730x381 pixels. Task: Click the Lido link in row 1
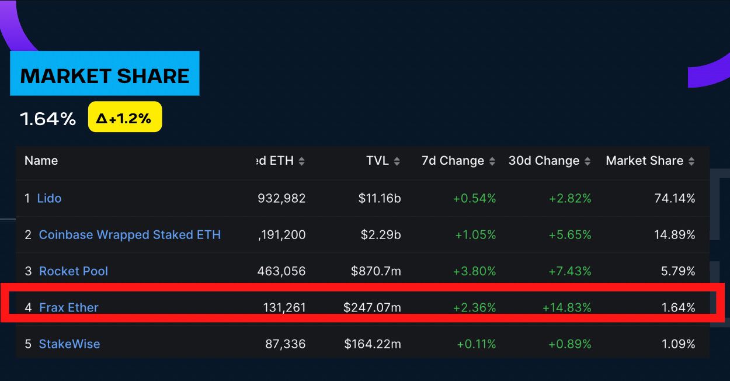[x=49, y=198]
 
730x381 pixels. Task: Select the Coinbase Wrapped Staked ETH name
[x=130, y=235]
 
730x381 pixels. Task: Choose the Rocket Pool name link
[x=74, y=271]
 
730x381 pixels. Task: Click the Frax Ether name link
[x=69, y=307]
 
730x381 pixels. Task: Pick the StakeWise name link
[x=69, y=344]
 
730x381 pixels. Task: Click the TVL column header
[x=377, y=161]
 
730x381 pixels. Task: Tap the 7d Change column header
[x=453, y=161]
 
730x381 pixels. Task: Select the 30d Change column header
[x=544, y=161]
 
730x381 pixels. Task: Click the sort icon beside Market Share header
[x=691, y=161]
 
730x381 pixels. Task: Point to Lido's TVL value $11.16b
[x=380, y=198]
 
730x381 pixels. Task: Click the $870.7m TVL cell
[x=376, y=271]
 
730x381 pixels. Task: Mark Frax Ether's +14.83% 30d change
[x=566, y=307]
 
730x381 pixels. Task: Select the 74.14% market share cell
[x=675, y=198]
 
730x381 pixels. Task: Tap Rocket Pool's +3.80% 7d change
[x=475, y=271]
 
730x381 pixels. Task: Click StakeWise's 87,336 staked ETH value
[x=285, y=344]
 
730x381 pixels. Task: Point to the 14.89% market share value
[x=675, y=235]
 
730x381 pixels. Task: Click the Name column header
[x=41, y=161]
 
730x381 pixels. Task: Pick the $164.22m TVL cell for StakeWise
[x=372, y=344]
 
